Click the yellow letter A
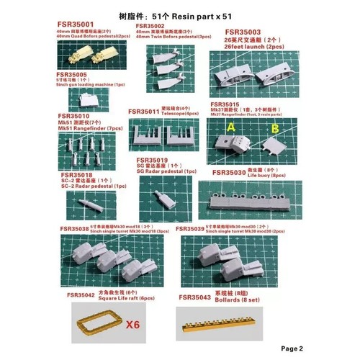pos(232,127)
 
